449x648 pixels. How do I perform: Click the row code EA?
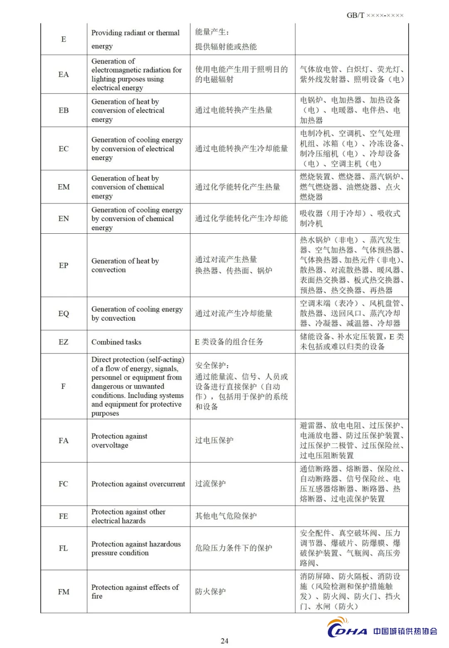click(x=64, y=74)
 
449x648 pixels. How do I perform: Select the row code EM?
click(x=64, y=187)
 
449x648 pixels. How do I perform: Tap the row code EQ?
click(x=64, y=314)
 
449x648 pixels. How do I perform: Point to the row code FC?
click(x=64, y=484)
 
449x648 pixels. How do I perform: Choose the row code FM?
click(x=64, y=591)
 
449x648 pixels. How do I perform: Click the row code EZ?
click(x=64, y=342)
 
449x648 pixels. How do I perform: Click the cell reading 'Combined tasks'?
click(x=116, y=342)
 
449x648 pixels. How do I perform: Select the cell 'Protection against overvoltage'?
click(x=119, y=440)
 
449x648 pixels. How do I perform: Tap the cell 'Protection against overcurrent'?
click(x=138, y=484)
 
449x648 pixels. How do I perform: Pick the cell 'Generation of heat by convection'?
click(x=125, y=265)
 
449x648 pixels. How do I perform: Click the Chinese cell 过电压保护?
click(x=214, y=440)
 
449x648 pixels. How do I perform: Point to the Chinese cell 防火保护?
click(x=210, y=591)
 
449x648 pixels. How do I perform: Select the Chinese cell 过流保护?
click(x=210, y=484)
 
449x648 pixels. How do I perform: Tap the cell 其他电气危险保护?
click(x=226, y=516)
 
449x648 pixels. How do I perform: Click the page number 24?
click(x=224, y=641)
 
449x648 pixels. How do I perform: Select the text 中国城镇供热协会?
click(x=405, y=631)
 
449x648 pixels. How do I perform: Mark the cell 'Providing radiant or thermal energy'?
click(x=136, y=39)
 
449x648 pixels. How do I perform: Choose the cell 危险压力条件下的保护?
click(x=234, y=548)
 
